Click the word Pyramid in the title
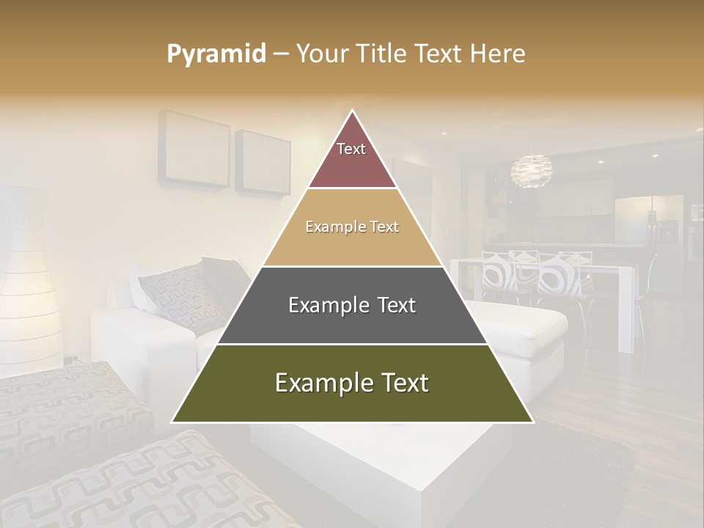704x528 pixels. click(x=216, y=54)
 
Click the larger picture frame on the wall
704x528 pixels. click(x=195, y=148)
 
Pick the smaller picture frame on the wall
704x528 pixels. click(x=263, y=164)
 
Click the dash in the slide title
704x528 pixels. click(x=281, y=54)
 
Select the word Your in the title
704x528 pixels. click(x=323, y=54)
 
